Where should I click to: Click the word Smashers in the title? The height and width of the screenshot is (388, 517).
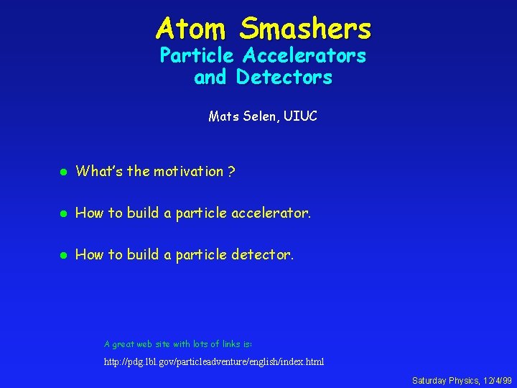(306, 29)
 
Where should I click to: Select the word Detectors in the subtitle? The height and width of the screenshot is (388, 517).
(284, 77)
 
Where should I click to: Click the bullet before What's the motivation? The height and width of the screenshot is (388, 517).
(63, 172)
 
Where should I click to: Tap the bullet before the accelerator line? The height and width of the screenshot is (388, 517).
(63, 213)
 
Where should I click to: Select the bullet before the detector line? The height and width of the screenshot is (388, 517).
(63, 255)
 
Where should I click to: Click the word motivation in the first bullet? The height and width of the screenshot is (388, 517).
(188, 171)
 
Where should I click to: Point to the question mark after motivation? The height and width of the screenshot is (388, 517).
(230, 171)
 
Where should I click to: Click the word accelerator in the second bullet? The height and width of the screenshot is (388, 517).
(270, 213)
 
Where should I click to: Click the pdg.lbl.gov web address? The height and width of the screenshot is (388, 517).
(214, 361)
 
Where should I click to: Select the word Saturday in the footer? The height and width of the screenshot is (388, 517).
(429, 380)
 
